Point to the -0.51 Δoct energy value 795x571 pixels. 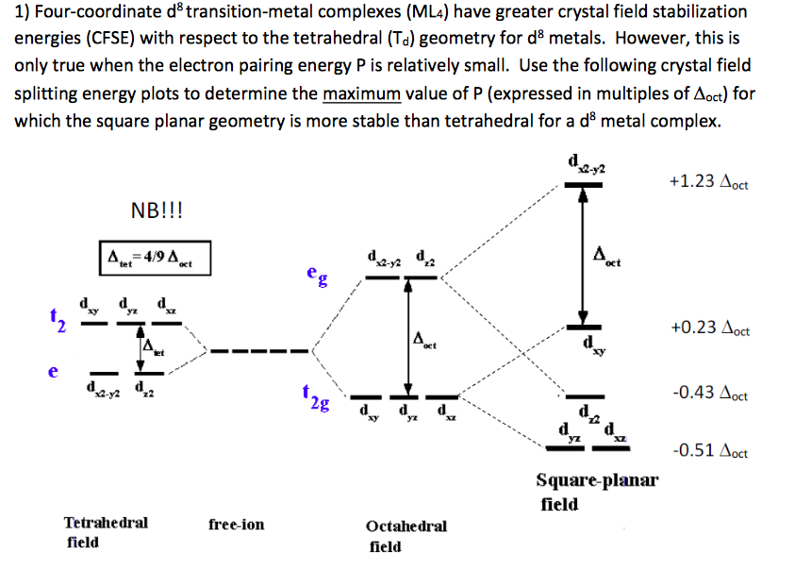click(708, 450)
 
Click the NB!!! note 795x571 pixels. click(156, 209)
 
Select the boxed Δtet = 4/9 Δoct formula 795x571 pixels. click(154, 257)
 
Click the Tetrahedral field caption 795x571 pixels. click(105, 531)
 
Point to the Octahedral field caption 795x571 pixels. click(406, 535)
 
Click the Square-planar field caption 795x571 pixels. click(597, 492)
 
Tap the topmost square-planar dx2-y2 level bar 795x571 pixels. click(583, 185)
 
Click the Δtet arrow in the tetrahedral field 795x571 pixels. click(142, 350)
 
